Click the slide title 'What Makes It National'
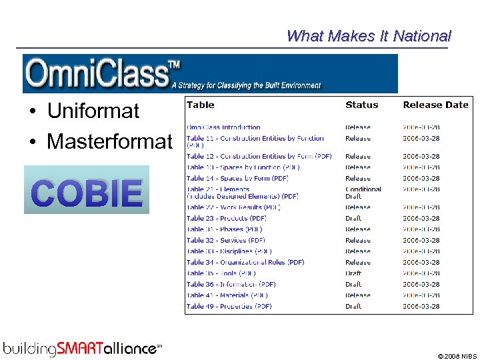(368, 36)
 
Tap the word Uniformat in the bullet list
(93, 111)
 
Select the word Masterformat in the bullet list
(109, 141)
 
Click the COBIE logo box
(87, 190)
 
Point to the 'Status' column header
(361, 105)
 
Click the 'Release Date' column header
(435, 105)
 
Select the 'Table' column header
(201, 105)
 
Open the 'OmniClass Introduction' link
(223, 127)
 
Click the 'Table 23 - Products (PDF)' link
(227, 218)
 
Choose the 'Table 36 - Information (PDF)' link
(231, 284)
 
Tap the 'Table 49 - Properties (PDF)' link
(229, 306)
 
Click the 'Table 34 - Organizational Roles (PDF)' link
(245, 262)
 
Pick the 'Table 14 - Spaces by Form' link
(237, 178)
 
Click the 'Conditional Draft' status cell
(363, 193)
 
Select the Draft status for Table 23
(353, 218)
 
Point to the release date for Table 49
(421, 306)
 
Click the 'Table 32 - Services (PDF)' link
(225, 240)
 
